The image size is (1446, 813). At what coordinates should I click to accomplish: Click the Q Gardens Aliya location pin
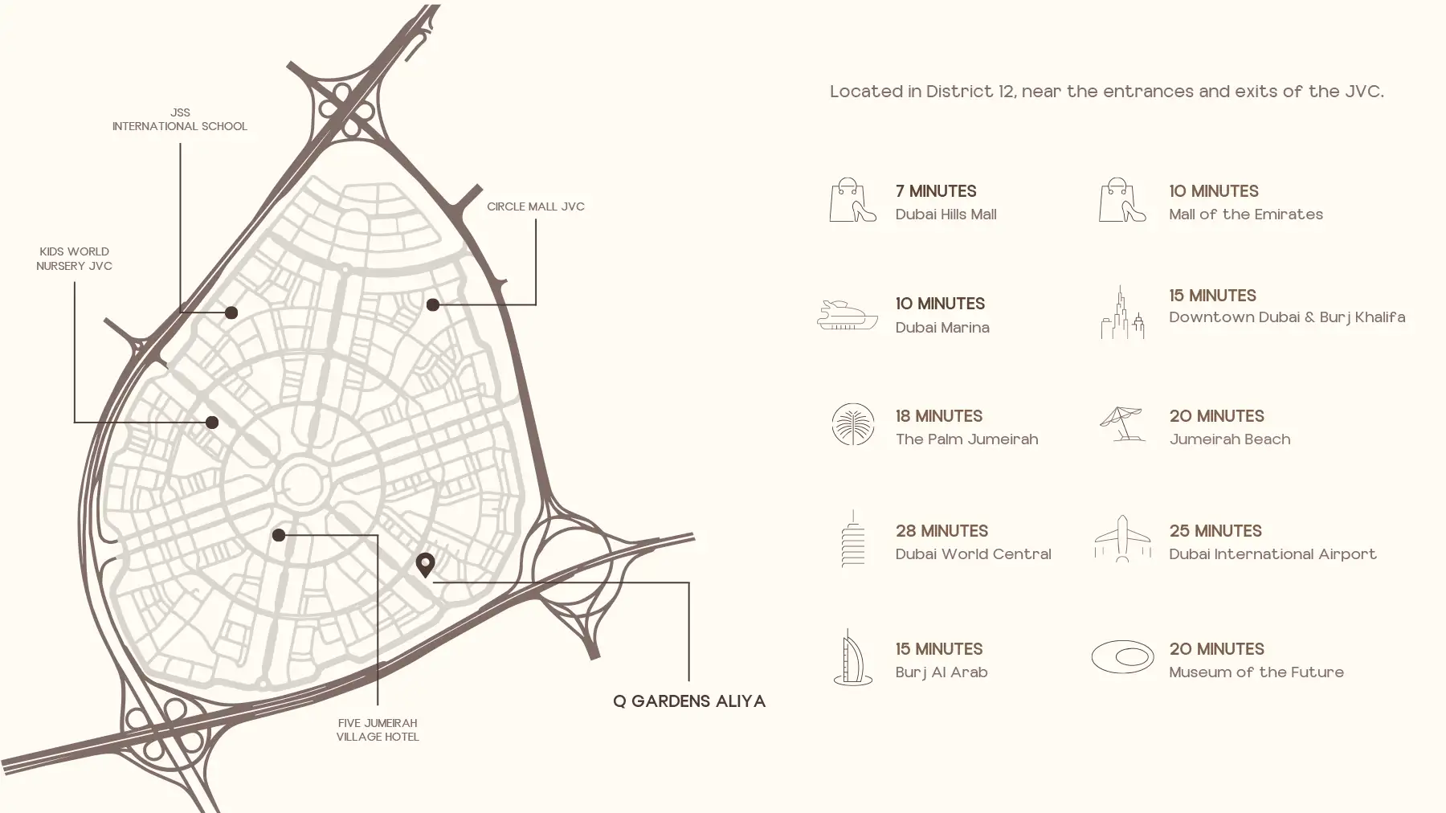pos(425,564)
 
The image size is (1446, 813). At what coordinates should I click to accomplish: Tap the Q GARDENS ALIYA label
pos(689,701)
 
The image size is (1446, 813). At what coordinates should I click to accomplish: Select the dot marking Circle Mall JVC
pos(432,304)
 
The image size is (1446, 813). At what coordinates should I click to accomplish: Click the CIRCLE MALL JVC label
pos(536,206)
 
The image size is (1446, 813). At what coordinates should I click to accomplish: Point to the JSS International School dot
pos(231,313)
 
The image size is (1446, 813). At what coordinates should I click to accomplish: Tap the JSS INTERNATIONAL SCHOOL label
pos(180,120)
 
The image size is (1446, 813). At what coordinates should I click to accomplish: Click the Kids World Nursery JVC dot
pos(212,423)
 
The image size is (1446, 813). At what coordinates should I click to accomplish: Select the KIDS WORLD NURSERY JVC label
pos(74,259)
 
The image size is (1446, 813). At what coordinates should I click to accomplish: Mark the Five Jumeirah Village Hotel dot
pos(279,535)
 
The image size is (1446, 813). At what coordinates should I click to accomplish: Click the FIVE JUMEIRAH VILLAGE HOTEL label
pos(378,729)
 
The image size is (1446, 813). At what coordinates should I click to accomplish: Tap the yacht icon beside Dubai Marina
pos(848,315)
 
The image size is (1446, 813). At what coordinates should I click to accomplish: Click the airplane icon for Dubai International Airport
pos(1122,538)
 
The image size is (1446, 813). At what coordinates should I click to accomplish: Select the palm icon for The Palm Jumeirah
pos(853,424)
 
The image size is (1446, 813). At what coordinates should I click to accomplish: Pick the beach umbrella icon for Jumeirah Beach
pos(1121,423)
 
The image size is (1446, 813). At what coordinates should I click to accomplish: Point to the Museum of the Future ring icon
pos(1122,657)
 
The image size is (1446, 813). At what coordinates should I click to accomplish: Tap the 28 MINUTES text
pos(942,531)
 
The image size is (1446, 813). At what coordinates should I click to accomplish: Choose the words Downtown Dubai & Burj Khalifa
pos(1287,317)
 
